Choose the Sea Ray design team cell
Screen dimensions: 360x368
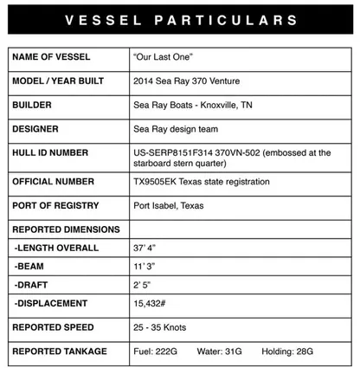pos(178,129)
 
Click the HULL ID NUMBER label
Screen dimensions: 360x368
pos(51,153)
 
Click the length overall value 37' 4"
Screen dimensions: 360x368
pos(145,248)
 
